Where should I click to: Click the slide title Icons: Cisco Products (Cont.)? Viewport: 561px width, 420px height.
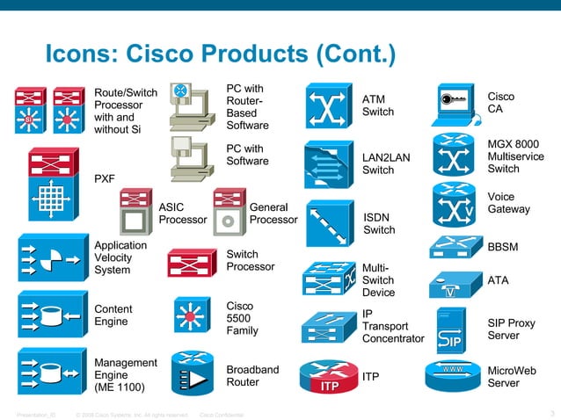220,54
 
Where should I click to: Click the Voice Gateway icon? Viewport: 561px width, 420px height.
455,205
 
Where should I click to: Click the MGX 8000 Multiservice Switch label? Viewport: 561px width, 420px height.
514,156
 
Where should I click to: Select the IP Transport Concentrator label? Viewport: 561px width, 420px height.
393,326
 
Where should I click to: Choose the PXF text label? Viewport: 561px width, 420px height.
105,179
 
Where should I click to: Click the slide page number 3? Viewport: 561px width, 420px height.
550,413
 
